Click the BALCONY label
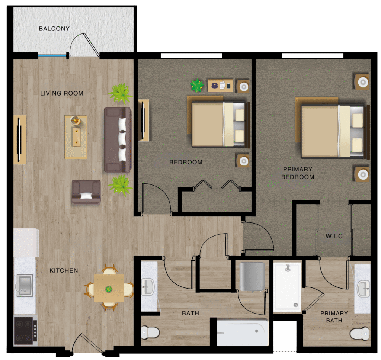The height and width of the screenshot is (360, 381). click(54, 29)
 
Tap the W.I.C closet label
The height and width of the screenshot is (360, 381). click(334, 236)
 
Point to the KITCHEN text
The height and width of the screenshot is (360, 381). click(64, 270)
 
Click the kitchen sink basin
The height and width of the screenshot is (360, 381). click(25, 285)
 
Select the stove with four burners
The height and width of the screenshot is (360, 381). click(25, 331)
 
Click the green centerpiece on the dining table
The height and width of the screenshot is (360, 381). click(109, 289)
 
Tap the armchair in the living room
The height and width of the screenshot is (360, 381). click(86, 192)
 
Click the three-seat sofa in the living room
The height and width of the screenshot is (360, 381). click(118, 140)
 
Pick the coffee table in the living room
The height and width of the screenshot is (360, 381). click(76, 137)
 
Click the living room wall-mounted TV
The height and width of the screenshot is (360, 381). click(19, 140)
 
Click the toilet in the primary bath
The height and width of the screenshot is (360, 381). click(360, 334)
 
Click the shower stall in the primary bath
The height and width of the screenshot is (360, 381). click(288, 287)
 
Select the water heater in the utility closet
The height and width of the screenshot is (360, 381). click(252, 277)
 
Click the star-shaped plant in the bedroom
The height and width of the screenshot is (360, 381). click(196, 86)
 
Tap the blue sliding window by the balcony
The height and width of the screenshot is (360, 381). click(52, 56)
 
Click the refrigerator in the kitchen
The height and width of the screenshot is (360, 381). click(26, 242)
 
